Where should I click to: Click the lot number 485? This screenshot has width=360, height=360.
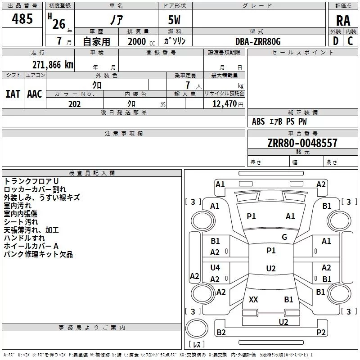[x=22, y=18]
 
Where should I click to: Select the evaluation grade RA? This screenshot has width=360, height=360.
[x=343, y=21]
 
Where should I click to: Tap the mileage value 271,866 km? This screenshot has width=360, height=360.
[x=53, y=65]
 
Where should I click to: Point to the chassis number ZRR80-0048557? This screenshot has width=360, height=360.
[x=302, y=143]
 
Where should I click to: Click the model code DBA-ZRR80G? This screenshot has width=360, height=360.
[x=258, y=41]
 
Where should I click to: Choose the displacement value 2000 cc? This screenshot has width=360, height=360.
[x=141, y=42]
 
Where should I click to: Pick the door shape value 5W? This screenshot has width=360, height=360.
[x=174, y=20]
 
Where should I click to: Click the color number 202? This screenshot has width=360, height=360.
[x=74, y=104]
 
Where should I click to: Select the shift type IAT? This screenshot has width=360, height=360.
[x=13, y=94]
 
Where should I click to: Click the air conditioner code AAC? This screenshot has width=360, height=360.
[x=35, y=94]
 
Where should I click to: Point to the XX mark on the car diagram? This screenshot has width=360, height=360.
[x=253, y=299]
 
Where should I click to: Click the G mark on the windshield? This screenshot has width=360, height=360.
[x=284, y=237]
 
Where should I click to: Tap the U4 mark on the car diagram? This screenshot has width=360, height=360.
[x=215, y=267]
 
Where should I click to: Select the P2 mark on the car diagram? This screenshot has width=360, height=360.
[x=321, y=332]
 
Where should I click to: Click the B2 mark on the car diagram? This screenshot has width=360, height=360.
[x=221, y=332]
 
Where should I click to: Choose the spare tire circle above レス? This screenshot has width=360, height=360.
[x=197, y=328]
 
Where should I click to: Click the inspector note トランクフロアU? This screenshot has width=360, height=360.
[x=31, y=181]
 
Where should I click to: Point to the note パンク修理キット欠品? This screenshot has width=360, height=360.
[x=38, y=254]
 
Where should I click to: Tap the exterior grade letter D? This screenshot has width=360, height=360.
[x=336, y=41]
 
